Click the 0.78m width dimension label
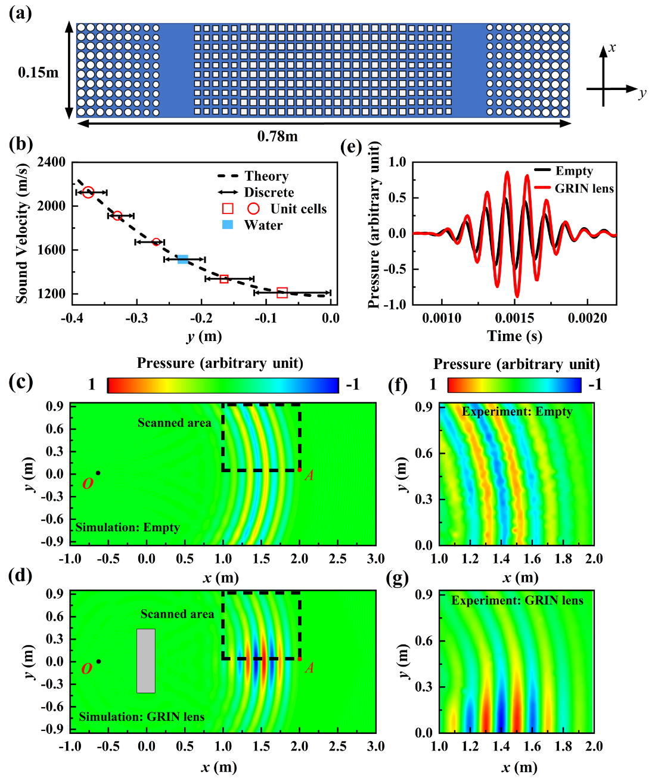277,137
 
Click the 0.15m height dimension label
38,73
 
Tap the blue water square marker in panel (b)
183,259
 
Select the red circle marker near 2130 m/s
88,192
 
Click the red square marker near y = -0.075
283,293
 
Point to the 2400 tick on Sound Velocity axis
52,162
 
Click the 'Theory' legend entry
266,176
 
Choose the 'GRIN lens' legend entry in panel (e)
584,188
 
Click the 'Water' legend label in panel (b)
263,225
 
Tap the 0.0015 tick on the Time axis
515,318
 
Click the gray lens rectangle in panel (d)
146,661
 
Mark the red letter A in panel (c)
309,476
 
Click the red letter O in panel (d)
87,668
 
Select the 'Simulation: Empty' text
128,528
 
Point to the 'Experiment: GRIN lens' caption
517,601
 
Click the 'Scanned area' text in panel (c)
174,423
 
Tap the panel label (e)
351,147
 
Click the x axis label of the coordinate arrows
612,48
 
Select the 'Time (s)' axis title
515,336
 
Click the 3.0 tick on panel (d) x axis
376,746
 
